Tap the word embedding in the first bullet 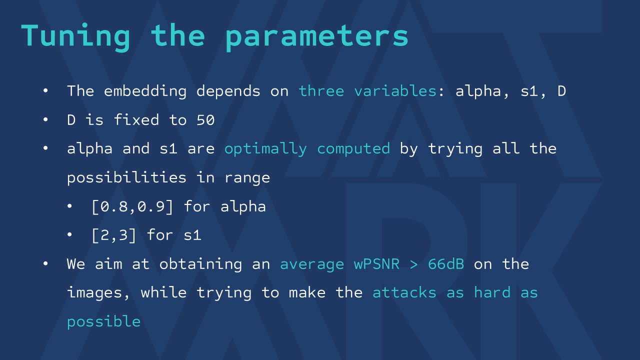pos(145,91)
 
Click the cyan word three pos(321,91)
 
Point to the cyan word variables pos(395,91)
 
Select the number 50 pos(205,120)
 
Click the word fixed pos(136,119)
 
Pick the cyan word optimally pos(265,149)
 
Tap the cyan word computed pos(353,149)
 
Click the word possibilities pos(126,177)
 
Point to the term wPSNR pos(376,264)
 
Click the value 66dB pos(446,263)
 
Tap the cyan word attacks pos(404,292)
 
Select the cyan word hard pos(492,292)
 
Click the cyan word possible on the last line pos(103,321)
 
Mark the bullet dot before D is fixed pos(45,119)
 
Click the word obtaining pos(200,264)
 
